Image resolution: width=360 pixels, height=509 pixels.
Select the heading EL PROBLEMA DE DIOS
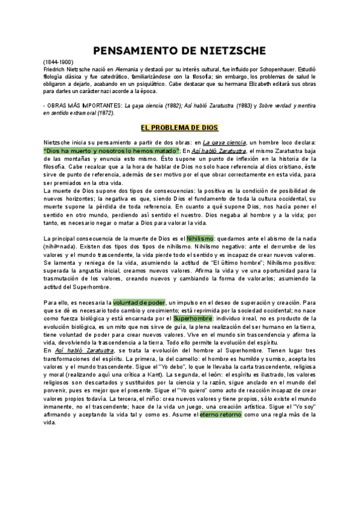(179, 128)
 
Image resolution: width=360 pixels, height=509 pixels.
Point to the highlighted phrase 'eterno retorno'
(221, 414)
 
